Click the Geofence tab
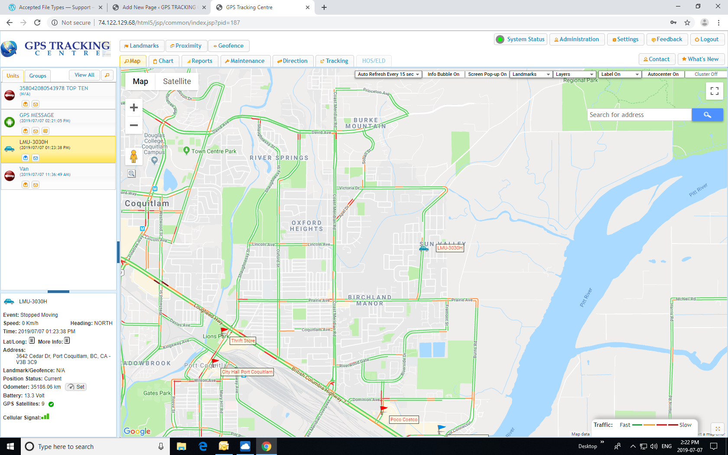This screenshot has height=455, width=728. click(228, 46)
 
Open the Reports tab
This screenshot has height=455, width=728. click(200, 61)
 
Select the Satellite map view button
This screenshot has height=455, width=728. click(177, 81)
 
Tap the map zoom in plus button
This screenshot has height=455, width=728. click(134, 107)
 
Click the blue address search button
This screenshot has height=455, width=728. click(707, 115)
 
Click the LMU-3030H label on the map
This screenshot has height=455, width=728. click(450, 248)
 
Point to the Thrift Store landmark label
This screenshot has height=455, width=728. click(243, 341)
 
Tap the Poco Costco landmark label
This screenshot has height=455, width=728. click(404, 419)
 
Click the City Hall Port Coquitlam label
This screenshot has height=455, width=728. click(247, 372)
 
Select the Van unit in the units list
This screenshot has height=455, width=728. click(24, 169)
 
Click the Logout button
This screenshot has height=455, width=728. click(706, 39)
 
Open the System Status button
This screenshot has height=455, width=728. click(521, 39)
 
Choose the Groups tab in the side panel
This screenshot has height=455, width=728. click(38, 76)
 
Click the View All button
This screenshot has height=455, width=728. click(84, 75)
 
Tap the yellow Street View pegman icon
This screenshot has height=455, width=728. click(134, 156)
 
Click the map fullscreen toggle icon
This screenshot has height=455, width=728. click(715, 91)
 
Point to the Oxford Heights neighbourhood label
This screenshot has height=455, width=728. click(306, 226)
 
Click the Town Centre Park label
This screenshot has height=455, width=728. click(214, 151)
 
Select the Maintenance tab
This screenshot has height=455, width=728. click(245, 61)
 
